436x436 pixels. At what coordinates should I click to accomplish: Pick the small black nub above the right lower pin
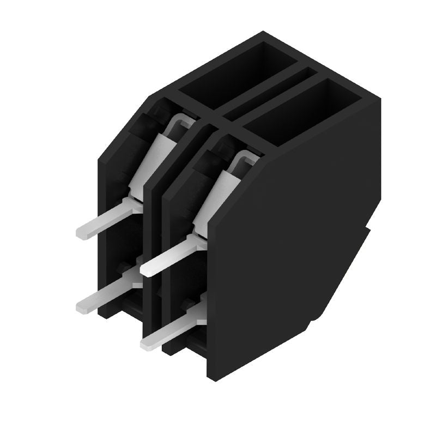(x=189, y=303)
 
